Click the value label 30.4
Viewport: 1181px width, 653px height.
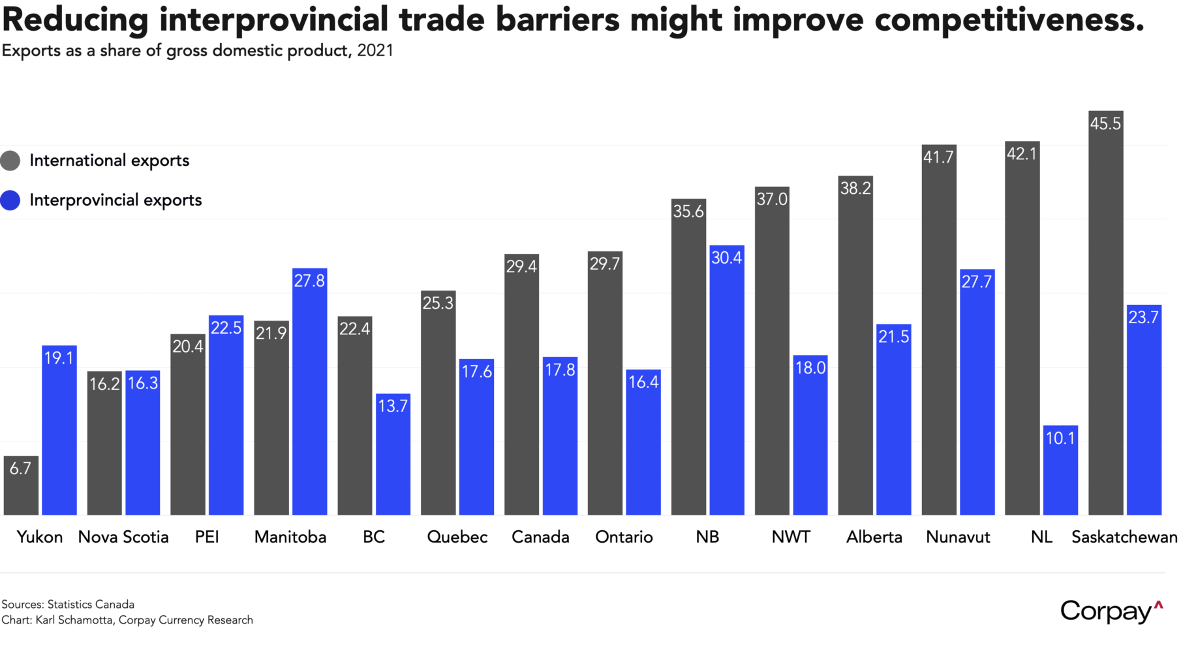tap(726, 258)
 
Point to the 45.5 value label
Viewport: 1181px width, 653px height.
tap(1105, 123)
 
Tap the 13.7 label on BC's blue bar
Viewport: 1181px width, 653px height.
tap(393, 406)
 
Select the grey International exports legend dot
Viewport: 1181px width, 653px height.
tap(10, 161)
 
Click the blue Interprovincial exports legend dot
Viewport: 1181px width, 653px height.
tap(10, 200)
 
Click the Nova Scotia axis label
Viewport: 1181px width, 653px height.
tap(123, 537)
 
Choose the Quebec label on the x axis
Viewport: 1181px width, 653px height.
tap(457, 537)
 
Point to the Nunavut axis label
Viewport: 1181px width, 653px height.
tap(958, 537)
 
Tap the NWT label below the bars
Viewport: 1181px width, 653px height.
tap(791, 537)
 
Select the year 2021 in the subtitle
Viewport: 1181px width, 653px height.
tap(375, 51)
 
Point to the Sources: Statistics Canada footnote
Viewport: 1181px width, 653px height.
tap(68, 605)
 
